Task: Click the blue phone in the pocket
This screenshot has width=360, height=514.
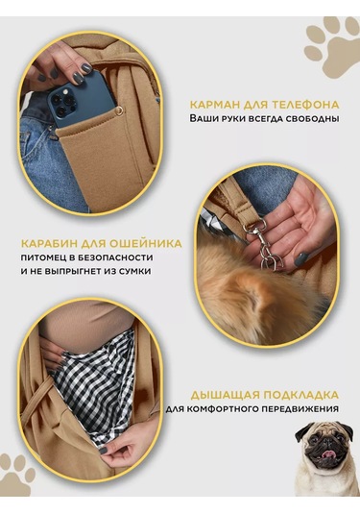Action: click(82, 100)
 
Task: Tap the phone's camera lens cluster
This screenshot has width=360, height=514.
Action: click(62, 103)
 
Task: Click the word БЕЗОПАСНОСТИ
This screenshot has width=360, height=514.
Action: click(115, 257)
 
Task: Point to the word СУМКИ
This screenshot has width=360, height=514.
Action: click(135, 272)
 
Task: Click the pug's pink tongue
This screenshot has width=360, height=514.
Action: click(328, 454)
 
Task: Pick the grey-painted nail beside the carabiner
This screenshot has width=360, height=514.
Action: click(300, 258)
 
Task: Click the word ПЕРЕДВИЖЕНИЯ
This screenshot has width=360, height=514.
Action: click(306, 409)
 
